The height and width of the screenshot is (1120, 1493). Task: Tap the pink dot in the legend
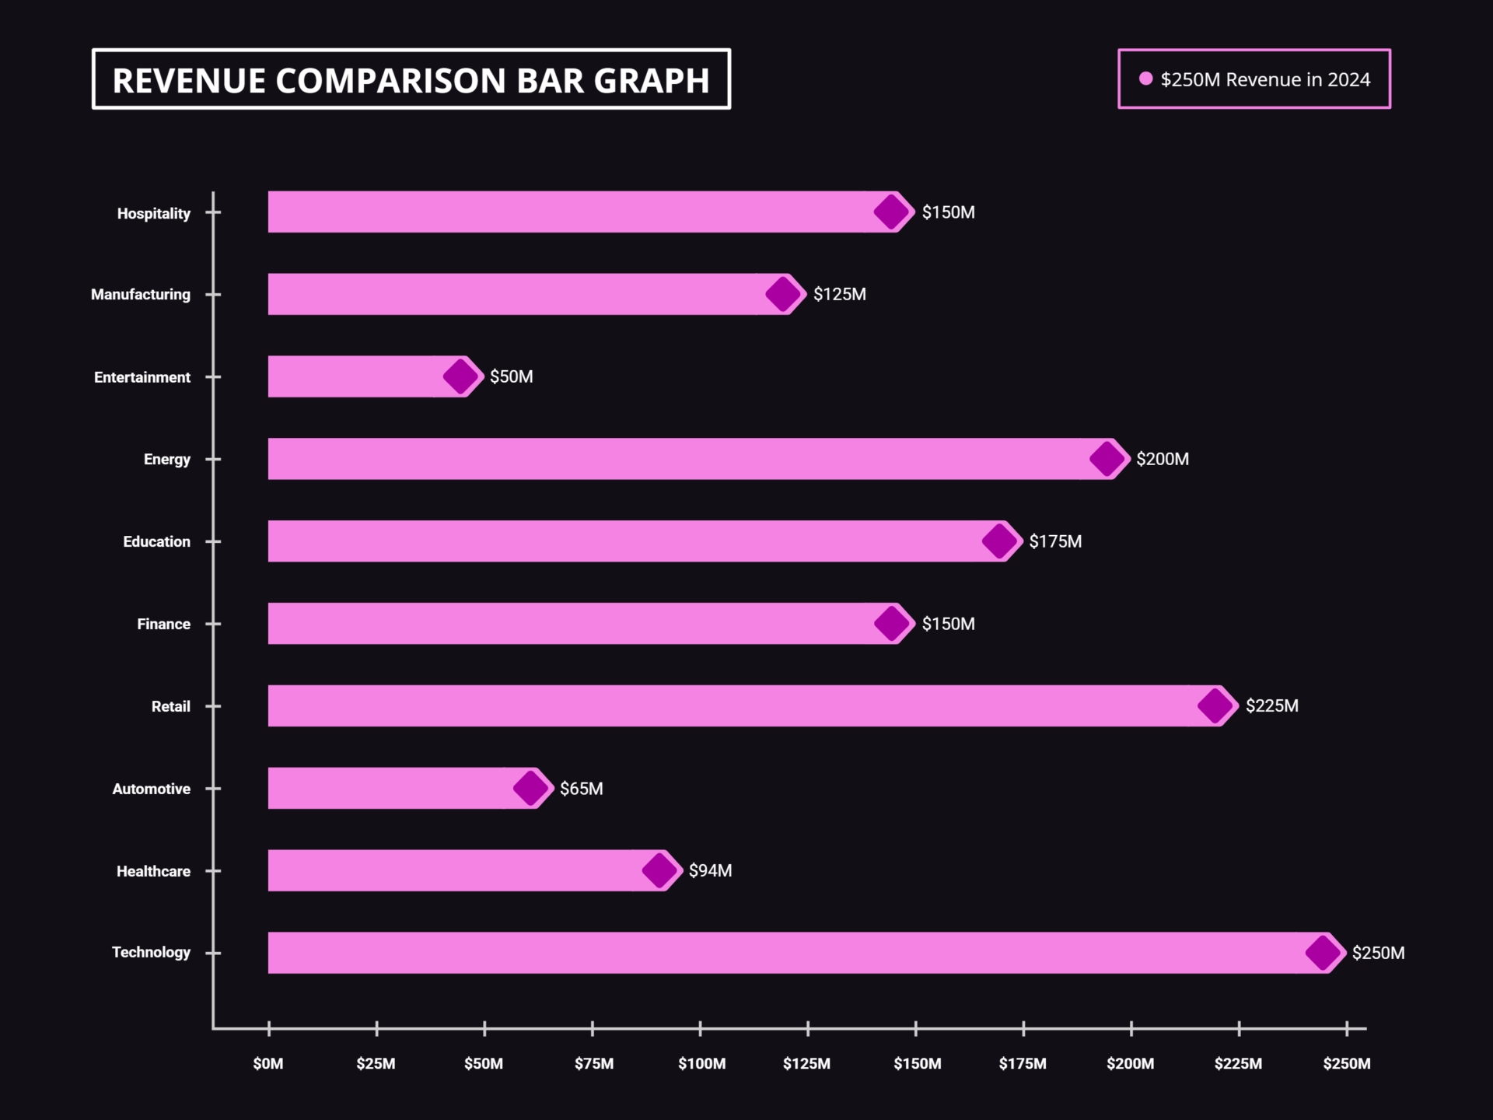click(x=1145, y=79)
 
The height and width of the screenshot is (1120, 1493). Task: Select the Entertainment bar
click(x=358, y=376)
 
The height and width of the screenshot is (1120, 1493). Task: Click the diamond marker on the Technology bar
click(x=1323, y=952)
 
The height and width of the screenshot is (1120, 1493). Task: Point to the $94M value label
click(x=710, y=870)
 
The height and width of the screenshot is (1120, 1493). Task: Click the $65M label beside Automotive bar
click(x=581, y=789)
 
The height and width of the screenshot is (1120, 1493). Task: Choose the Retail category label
click(x=170, y=706)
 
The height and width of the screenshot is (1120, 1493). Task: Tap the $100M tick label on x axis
click(x=701, y=1063)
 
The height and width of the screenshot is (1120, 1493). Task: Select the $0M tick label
click(x=268, y=1063)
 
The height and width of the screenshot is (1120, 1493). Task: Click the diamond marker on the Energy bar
click(x=1107, y=459)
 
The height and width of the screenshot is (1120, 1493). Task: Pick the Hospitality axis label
click(x=153, y=213)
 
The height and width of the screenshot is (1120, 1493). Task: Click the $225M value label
click(x=1271, y=705)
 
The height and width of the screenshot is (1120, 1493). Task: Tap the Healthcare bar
click(x=459, y=870)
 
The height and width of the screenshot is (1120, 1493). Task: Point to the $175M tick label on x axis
click(x=1023, y=1063)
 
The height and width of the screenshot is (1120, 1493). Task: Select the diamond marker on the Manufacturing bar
click(x=782, y=294)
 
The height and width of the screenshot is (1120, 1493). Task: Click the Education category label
click(x=156, y=541)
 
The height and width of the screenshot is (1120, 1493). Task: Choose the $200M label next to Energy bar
click(x=1162, y=459)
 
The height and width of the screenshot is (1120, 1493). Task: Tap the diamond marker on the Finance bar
click(x=891, y=623)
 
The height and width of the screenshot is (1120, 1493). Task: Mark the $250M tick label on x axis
click(x=1346, y=1063)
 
